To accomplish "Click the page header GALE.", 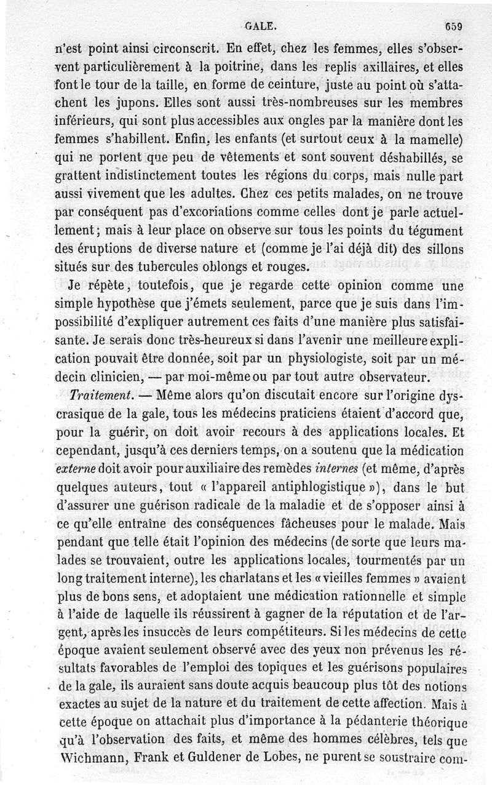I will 260,26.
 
